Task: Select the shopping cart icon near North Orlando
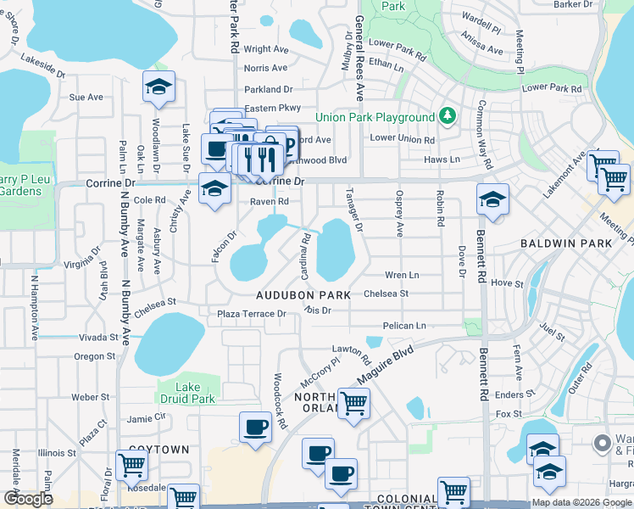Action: tap(353, 402)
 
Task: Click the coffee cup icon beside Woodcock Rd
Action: tap(254, 426)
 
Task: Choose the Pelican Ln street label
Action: tap(403, 326)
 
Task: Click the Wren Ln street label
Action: tap(401, 276)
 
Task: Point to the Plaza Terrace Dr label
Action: tap(252, 314)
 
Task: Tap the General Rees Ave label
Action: tap(359, 59)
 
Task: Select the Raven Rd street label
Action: tap(270, 202)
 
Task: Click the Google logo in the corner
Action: tap(28, 498)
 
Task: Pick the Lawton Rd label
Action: tap(347, 350)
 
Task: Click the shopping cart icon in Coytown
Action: tap(131, 463)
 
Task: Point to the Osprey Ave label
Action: tap(399, 214)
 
